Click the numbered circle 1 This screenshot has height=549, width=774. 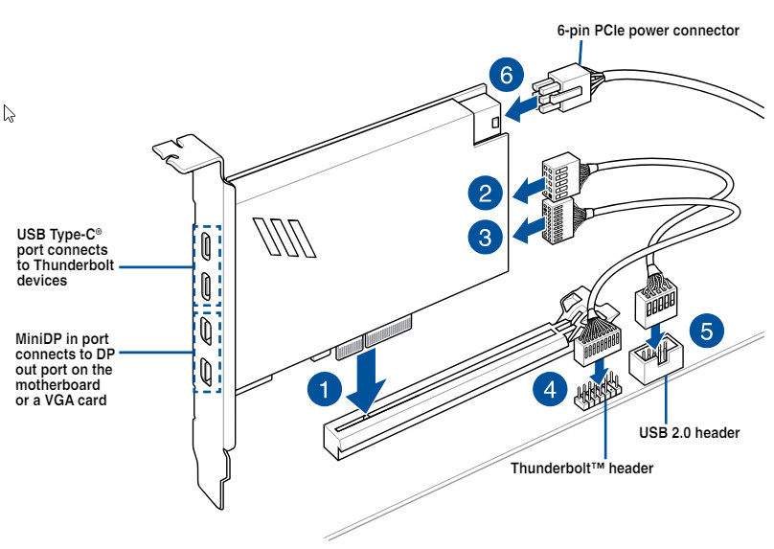(326, 388)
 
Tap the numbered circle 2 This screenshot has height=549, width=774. (486, 194)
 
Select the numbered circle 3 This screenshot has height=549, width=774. (486, 235)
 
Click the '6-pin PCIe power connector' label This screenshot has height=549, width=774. (648, 31)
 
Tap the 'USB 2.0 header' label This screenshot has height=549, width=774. (689, 433)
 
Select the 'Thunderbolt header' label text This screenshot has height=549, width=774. (581, 469)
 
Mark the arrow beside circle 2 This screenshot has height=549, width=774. (524, 194)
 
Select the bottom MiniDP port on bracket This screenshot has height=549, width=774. (208, 370)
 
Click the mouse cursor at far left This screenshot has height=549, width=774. (9, 114)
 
